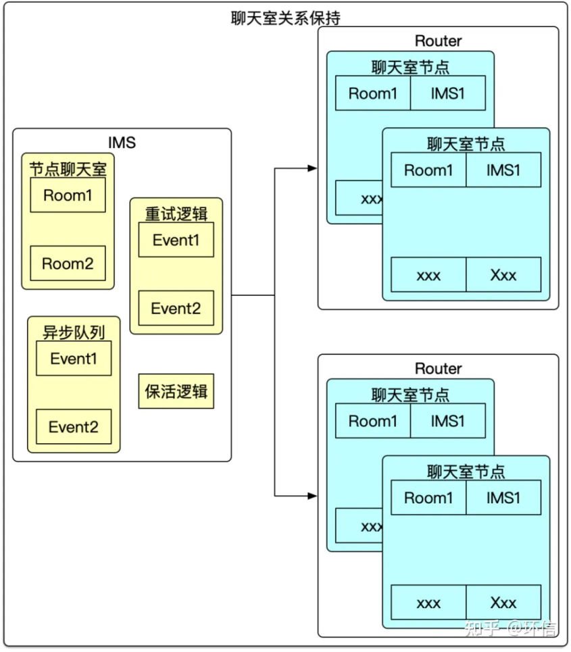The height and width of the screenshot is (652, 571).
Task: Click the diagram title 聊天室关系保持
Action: coord(285,18)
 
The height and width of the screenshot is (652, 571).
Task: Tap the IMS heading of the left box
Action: coord(122,142)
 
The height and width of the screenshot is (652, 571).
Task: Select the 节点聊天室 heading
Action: coord(68,168)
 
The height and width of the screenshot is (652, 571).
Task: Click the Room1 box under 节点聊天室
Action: coord(68,195)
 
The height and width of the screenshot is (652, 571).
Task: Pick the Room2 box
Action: coord(68,264)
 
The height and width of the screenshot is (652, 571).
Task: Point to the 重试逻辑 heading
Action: coord(176,213)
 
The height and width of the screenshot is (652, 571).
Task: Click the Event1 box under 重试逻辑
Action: coord(176,241)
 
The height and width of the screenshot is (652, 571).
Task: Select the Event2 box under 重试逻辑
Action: coord(176,308)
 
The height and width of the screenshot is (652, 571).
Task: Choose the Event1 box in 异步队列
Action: coord(74,359)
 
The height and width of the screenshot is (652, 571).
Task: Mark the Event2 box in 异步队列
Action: coord(74,427)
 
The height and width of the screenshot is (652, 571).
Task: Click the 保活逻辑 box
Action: coord(176,391)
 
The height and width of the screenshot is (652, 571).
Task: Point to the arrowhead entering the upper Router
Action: coord(312,168)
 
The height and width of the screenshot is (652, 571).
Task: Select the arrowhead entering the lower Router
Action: coord(312,496)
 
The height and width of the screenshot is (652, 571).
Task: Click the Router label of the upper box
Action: coord(438,41)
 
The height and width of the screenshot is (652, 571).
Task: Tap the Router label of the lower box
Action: coord(438,368)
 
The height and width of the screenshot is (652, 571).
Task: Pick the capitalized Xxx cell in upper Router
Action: coord(503,275)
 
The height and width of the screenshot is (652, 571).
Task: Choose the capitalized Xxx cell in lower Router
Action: coord(503,603)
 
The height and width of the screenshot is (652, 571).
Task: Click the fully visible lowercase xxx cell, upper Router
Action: coord(428,275)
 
